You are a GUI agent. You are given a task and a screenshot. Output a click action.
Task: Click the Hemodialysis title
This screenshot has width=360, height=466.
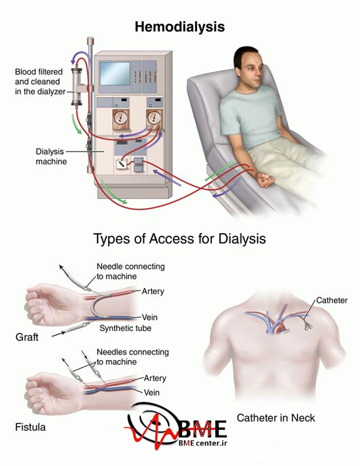(179, 26)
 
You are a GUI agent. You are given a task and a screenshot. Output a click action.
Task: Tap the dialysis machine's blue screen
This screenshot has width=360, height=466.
(115, 73)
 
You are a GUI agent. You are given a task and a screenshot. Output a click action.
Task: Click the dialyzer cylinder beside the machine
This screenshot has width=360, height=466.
(77, 86)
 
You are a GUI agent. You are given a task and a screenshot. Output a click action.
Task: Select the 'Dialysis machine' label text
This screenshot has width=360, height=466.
(51, 156)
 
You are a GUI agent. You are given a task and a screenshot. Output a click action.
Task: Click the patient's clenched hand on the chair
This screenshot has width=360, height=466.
(265, 179)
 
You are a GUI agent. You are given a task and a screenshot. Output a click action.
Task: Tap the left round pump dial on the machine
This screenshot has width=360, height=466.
(120, 119)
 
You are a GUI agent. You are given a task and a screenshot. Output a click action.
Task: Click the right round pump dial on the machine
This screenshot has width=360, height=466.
(154, 118)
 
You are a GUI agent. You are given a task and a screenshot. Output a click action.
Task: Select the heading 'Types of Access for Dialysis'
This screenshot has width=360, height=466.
(179, 238)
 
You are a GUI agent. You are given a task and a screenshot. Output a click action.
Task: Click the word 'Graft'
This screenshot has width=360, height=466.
(26, 337)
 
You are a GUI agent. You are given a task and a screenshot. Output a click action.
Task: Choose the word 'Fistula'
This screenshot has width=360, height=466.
(31, 427)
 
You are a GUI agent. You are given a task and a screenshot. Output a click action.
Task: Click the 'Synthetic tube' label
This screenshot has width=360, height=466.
(125, 328)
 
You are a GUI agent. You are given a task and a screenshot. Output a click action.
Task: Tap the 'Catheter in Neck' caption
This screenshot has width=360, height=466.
(276, 418)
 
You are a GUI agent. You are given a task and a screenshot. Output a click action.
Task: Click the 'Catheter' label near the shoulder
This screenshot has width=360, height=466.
(331, 300)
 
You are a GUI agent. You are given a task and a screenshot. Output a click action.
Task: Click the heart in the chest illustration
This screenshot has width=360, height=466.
(280, 328)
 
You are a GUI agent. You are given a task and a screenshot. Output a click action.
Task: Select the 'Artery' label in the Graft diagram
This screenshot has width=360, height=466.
(153, 291)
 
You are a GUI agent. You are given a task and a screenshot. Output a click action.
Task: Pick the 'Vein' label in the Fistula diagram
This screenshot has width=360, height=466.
(151, 393)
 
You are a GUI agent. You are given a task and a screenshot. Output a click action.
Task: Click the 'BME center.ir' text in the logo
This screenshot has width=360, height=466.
(202, 443)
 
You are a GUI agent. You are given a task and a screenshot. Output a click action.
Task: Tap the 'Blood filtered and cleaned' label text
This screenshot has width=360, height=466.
(39, 77)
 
